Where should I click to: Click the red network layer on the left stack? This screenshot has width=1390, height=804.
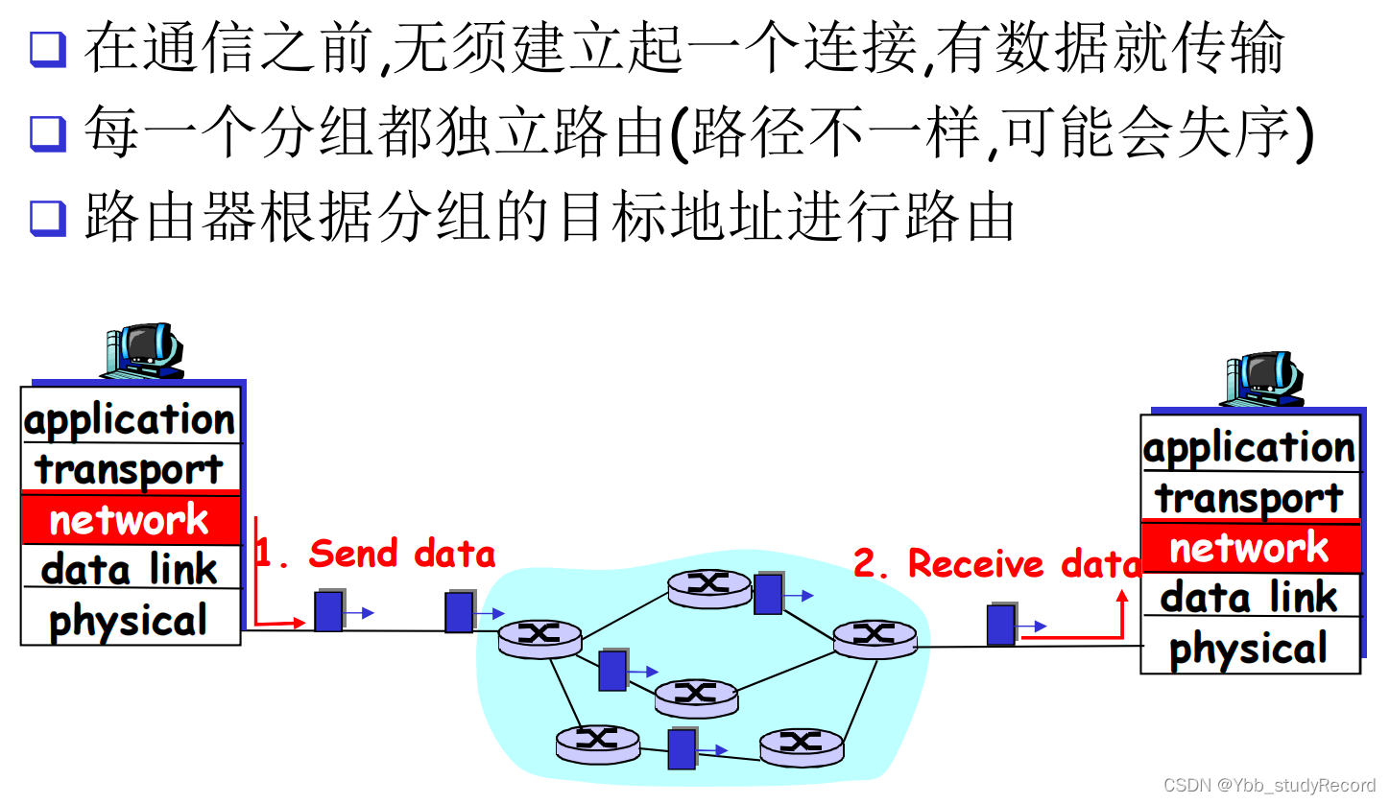(x=131, y=520)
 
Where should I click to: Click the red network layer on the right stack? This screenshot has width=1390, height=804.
(x=1250, y=549)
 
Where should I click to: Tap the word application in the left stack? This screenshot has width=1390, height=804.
(x=131, y=419)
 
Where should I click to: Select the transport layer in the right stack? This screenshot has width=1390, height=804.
(x=1250, y=498)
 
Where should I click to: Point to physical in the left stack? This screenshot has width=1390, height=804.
(x=131, y=621)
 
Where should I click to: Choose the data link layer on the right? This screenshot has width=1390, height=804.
(x=1250, y=598)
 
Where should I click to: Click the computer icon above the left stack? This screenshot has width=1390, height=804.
(x=144, y=350)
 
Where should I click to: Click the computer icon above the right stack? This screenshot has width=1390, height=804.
(x=1263, y=378)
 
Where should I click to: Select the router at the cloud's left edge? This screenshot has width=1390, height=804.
(x=539, y=637)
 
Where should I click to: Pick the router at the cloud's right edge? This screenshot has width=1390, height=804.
(x=875, y=637)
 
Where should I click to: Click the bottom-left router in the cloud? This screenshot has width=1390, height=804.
(x=597, y=742)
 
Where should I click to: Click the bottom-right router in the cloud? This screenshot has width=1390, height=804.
(x=801, y=745)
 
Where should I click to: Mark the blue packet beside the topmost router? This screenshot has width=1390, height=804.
(x=768, y=594)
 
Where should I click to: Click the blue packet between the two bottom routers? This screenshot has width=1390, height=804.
(x=682, y=749)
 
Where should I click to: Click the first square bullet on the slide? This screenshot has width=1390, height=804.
(x=47, y=49)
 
